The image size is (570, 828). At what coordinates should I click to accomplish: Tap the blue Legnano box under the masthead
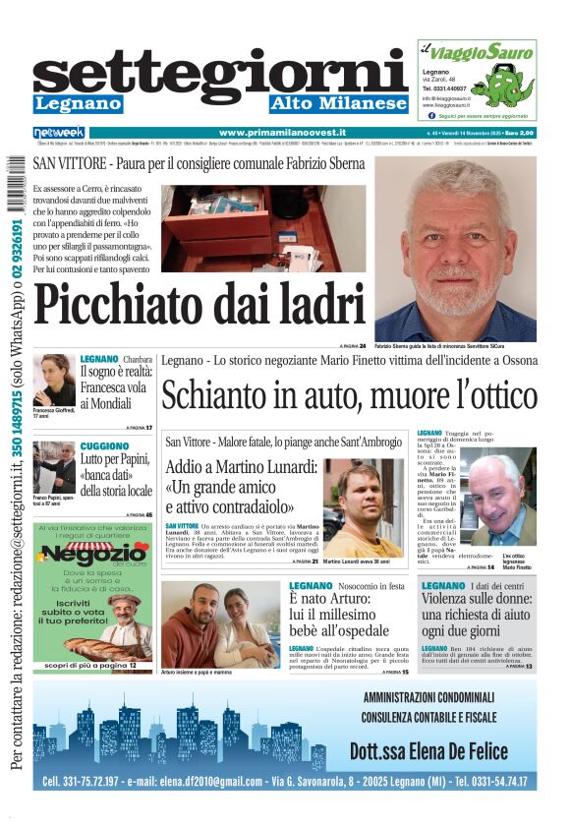coord(78,103)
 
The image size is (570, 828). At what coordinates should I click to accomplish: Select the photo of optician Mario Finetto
coord(498,499)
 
